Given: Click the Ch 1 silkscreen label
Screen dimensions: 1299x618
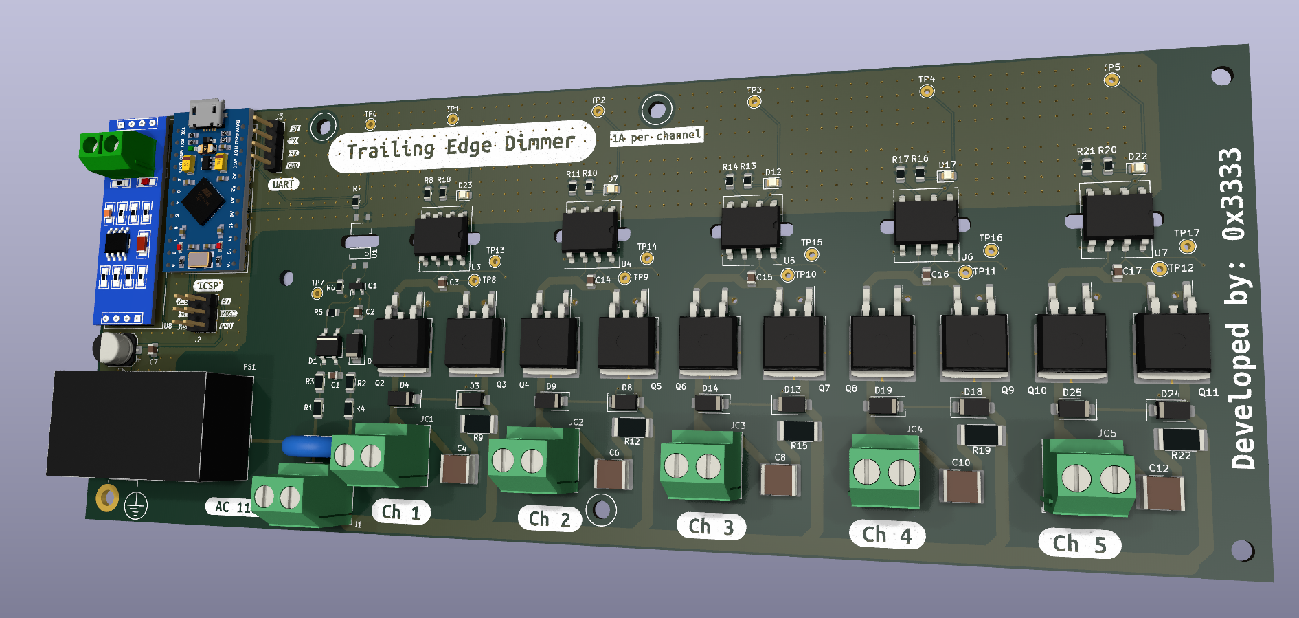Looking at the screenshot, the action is tap(400, 512).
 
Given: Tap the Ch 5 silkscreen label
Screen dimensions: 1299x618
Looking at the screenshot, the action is tap(1079, 544).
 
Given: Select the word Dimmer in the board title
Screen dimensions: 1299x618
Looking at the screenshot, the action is tap(539, 142).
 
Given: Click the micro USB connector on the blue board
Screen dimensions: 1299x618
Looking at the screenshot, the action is tap(207, 113).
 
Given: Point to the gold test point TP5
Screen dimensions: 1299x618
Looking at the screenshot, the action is tap(1111, 80).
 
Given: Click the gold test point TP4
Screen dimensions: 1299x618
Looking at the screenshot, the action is tap(927, 91).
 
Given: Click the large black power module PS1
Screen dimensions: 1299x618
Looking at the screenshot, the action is tap(150, 426).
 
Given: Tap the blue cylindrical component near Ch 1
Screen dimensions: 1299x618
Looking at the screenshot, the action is tap(306, 446).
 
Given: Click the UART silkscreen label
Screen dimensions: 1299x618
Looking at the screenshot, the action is tap(283, 184).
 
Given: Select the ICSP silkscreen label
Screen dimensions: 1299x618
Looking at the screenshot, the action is tap(208, 285).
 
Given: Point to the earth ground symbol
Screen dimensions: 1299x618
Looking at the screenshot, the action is tap(136, 507).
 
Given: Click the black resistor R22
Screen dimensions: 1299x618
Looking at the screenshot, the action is tap(1180, 439).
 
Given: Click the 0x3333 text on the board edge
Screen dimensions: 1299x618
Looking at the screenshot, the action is tap(1233, 194).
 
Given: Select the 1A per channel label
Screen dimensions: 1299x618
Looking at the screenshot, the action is tap(657, 136).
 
